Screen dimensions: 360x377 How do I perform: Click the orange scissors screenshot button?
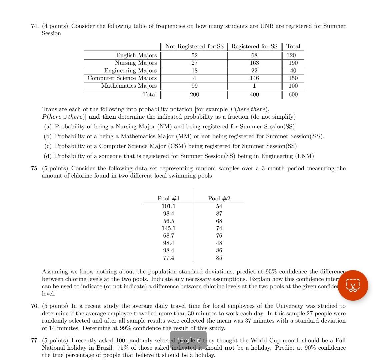point(353,285)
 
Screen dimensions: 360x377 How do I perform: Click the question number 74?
point(35,26)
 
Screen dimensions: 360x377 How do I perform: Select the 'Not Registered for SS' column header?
point(194,46)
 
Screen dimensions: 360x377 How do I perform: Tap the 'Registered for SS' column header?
point(254,46)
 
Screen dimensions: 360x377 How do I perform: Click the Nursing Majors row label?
point(136,63)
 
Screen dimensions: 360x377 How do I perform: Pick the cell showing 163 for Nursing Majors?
point(254,63)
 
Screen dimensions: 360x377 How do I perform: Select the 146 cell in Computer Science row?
point(254,78)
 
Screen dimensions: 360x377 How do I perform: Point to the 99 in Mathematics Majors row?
point(194,86)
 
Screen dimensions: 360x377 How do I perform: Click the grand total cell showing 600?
point(293,94)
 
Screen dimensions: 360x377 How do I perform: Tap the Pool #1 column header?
point(169,198)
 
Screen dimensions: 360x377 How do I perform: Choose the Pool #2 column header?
point(219,198)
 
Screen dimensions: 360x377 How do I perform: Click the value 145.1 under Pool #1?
point(169,228)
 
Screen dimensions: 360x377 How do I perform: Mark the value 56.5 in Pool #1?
point(169,221)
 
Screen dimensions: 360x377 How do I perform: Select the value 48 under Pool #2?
point(219,243)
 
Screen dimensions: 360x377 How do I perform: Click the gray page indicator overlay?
point(188,340)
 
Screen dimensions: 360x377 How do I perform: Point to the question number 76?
point(35,306)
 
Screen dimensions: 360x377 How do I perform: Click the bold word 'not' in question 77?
point(229,348)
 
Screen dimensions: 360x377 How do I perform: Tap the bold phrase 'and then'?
point(102,117)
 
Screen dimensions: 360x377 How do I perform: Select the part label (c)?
point(48,146)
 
